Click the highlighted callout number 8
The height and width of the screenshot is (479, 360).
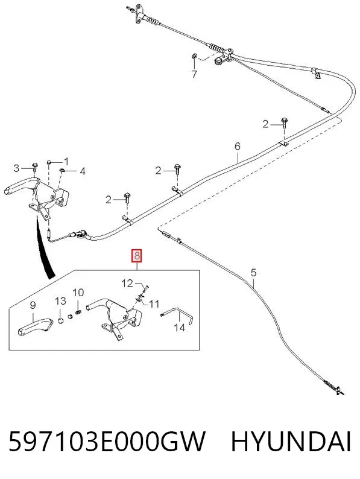click(137, 255)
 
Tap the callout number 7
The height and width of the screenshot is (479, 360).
click(194, 74)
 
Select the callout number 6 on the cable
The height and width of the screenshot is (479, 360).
click(238, 146)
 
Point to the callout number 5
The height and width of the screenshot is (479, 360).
click(253, 273)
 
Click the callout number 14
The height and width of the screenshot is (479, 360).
click(180, 328)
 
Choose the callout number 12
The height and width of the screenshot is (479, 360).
click(127, 284)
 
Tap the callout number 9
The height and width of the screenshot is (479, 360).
click(33, 305)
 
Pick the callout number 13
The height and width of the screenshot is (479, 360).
click(60, 301)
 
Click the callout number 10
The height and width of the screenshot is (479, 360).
click(78, 293)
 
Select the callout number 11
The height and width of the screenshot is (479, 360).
click(154, 303)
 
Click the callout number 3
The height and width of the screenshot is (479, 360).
click(16, 168)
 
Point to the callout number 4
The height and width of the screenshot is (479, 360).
click(83, 171)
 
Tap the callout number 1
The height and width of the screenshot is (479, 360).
click(66, 162)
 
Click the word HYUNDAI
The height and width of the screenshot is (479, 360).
click(291, 442)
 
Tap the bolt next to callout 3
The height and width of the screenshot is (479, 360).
click(34, 167)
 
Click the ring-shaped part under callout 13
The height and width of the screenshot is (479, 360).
click(60, 321)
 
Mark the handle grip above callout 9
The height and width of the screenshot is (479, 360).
click(34, 327)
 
